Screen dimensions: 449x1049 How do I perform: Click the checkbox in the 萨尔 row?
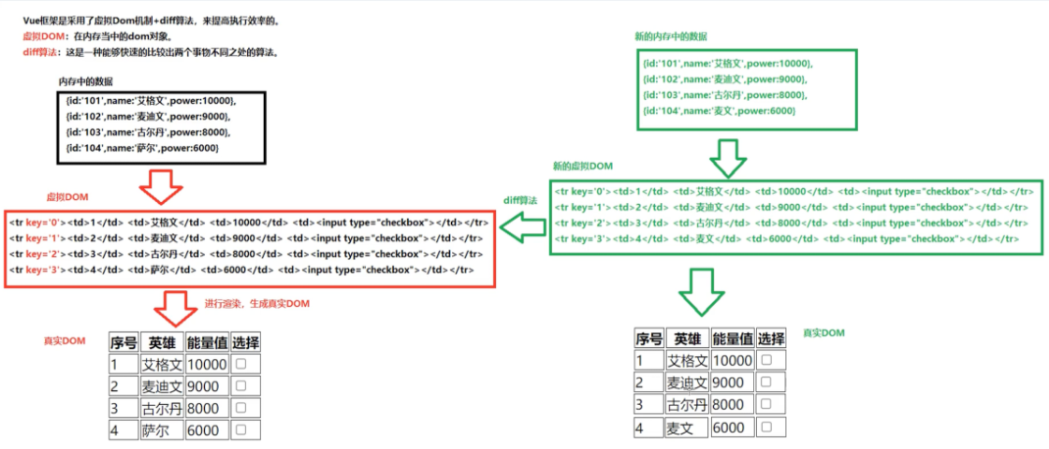click(240, 429)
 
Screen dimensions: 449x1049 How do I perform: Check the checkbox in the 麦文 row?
click(766, 427)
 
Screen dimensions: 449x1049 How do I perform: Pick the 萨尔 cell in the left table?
click(156, 430)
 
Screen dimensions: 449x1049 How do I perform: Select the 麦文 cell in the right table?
click(682, 427)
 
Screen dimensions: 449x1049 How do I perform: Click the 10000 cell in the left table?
click(207, 364)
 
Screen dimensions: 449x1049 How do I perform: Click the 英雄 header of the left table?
click(162, 342)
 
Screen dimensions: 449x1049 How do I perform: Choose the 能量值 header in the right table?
click(732, 339)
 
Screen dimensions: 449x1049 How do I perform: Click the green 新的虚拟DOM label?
click(583, 166)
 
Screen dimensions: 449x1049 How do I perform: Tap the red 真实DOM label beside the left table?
click(64, 341)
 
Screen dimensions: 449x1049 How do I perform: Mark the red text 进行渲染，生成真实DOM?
click(256, 304)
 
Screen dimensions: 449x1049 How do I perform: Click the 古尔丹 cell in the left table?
click(161, 408)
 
